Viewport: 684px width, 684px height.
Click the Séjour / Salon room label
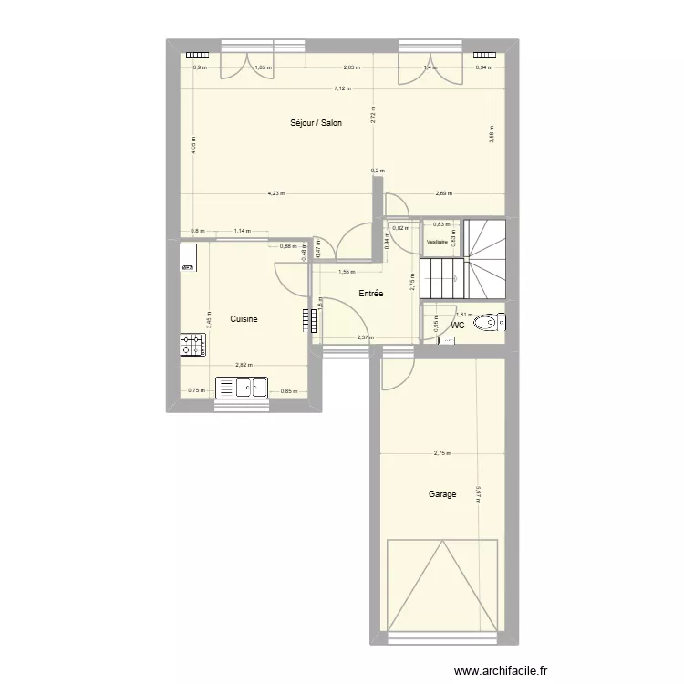316,122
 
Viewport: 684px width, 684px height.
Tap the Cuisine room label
244,318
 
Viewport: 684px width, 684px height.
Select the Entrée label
370,294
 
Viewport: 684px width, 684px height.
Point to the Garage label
442,494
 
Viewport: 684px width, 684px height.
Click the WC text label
458,325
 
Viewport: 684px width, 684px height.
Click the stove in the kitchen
192,345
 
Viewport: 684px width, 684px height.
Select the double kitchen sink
241,388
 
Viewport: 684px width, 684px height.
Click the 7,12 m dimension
342,88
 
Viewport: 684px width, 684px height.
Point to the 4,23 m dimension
276,192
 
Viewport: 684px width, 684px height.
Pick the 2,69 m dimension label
444,192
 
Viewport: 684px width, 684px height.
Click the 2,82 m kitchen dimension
244,365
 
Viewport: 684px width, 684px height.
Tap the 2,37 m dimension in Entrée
364,337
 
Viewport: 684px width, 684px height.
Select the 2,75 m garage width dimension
442,454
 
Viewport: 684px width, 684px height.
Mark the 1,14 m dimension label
242,231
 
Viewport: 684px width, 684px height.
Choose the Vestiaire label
437,242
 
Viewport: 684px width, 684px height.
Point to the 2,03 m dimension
351,67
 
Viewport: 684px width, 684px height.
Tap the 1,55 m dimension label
347,271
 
